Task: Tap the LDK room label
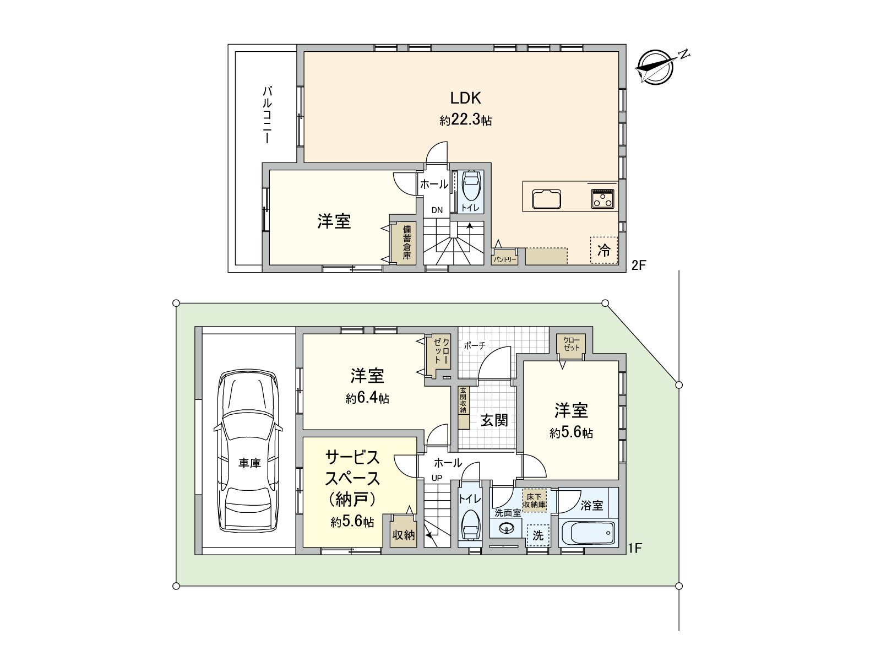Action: pos(466,98)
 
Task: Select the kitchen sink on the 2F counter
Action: pos(546,199)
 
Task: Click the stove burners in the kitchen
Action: pos(603,198)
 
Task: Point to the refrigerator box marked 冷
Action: pos(604,250)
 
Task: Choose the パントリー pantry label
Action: pos(504,258)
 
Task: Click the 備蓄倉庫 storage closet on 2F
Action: pos(407,242)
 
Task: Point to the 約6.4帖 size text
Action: pos(367,398)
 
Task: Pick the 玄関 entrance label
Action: pos(494,420)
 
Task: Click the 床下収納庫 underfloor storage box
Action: pos(534,500)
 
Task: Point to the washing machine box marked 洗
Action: pos(538,535)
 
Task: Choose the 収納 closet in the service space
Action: pos(403,534)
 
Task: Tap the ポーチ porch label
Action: pos(474,345)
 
